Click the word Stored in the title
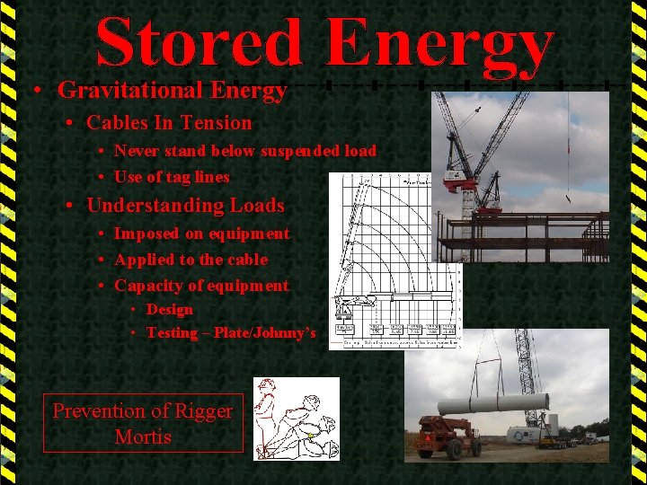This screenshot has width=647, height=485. click(x=199, y=42)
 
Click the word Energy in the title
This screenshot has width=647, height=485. click(x=439, y=42)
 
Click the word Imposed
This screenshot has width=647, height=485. click(x=146, y=234)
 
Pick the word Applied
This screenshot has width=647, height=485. click(x=145, y=260)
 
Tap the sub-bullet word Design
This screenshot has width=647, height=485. click(x=170, y=310)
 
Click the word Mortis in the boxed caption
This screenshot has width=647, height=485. click(x=143, y=437)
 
